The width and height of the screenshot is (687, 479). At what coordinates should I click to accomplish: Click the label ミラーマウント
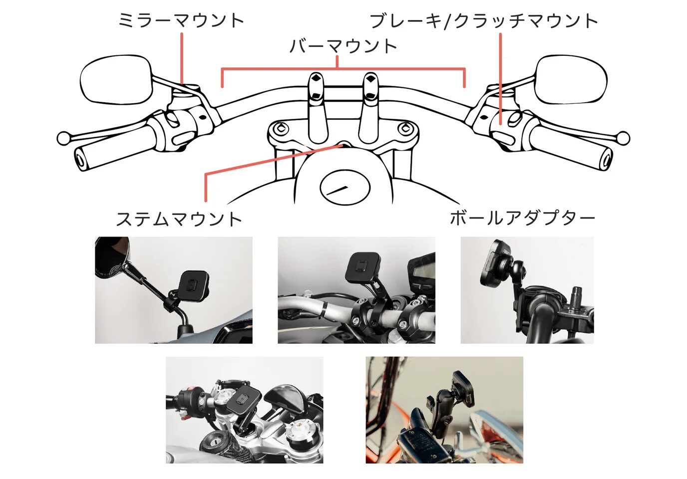click(181, 20)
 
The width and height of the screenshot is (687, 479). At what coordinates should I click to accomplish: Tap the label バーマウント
click(343, 46)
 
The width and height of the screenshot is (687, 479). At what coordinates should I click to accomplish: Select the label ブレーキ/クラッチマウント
click(483, 21)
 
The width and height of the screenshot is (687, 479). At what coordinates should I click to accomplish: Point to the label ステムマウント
click(179, 219)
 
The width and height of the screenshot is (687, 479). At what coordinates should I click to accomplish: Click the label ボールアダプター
click(522, 219)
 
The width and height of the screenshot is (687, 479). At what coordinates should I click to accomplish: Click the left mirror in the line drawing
click(116, 80)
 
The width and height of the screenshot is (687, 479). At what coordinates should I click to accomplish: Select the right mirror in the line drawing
click(570, 80)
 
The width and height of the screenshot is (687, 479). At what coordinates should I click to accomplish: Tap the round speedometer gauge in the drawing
click(345, 187)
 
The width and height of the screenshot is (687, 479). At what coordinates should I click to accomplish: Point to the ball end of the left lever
click(63, 138)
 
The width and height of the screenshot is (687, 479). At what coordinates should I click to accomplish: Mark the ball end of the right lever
click(623, 138)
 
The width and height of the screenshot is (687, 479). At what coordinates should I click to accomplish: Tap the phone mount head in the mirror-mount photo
click(193, 283)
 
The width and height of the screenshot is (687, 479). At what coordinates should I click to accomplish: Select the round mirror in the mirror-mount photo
click(111, 257)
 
